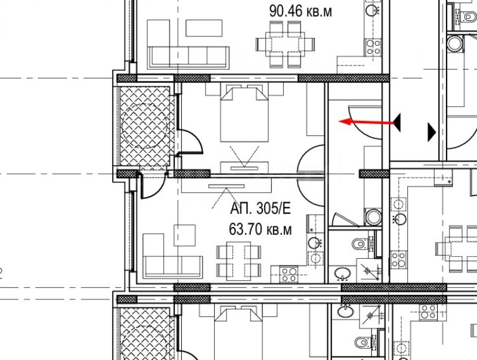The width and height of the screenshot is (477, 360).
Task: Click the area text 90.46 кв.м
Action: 301,10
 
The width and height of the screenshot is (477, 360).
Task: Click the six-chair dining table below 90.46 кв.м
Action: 285,44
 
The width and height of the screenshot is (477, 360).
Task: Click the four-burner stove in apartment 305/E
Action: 289,274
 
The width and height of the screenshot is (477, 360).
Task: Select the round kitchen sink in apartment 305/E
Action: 314,243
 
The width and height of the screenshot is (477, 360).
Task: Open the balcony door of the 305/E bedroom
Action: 190,142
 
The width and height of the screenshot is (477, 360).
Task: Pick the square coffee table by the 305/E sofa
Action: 184,234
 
